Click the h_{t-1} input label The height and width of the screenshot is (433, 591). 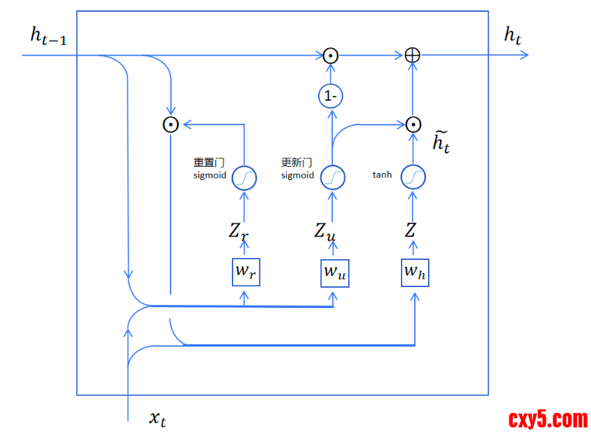point(48,37)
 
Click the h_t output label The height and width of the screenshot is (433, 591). point(513,37)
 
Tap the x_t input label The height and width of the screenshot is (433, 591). point(158,418)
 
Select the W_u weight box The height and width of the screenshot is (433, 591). point(334,272)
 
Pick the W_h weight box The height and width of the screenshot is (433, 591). point(416,272)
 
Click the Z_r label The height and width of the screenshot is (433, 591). point(238,232)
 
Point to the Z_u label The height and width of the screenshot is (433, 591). point(324,232)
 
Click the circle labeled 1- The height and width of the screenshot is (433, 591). point(331,96)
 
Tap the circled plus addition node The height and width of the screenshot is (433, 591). point(413,55)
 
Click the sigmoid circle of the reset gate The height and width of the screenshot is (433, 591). point(244,178)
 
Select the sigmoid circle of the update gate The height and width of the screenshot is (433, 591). point(332,177)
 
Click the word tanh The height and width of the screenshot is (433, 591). point(382,175)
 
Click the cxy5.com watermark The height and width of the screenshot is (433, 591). point(547,419)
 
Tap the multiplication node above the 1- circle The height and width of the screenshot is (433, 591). point(331,55)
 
